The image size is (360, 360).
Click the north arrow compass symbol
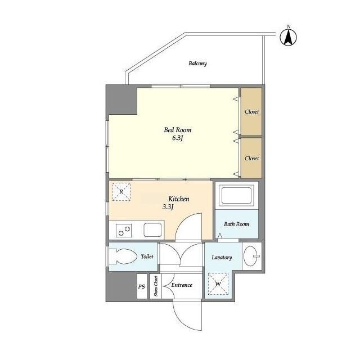(x=289, y=37)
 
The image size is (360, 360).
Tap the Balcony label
(x=197, y=64)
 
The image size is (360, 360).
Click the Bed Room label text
(x=178, y=130)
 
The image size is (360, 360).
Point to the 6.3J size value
(x=178, y=138)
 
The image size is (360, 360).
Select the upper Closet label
(x=251, y=112)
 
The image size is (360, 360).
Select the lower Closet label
(x=251, y=159)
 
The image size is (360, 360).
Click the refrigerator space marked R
(x=121, y=192)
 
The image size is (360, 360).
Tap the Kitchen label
(x=179, y=199)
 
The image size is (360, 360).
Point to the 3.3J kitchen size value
(x=168, y=207)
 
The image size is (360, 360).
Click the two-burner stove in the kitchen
(x=124, y=231)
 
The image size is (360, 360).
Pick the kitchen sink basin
(x=152, y=229)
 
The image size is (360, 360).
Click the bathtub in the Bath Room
(x=236, y=195)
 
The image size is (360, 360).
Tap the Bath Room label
(x=236, y=224)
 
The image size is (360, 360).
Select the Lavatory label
(x=222, y=258)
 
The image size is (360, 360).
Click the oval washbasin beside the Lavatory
(x=251, y=256)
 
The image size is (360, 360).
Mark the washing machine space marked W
(x=218, y=284)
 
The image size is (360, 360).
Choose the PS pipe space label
(x=142, y=287)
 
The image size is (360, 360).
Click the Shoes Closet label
(x=156, y=286)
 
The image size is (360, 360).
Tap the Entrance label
(x=182, y=285)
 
